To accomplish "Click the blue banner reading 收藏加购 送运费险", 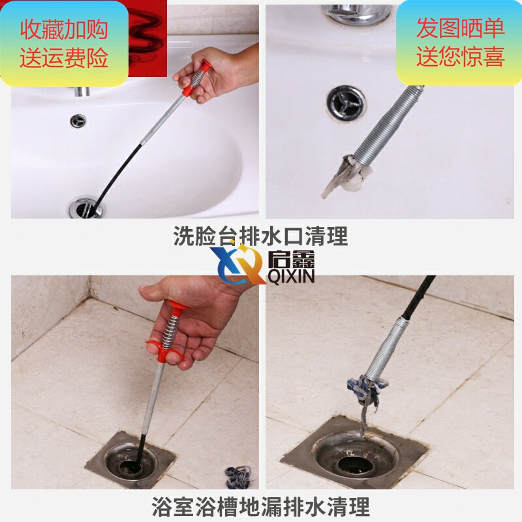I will click(x=64, y=44).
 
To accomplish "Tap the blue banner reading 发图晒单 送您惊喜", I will click(x=460, y=42).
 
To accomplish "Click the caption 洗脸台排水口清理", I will click(x=260, y=236).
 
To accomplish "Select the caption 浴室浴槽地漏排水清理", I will click(x=260, y=506).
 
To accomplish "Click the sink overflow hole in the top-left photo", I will click(x=78, y=121).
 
